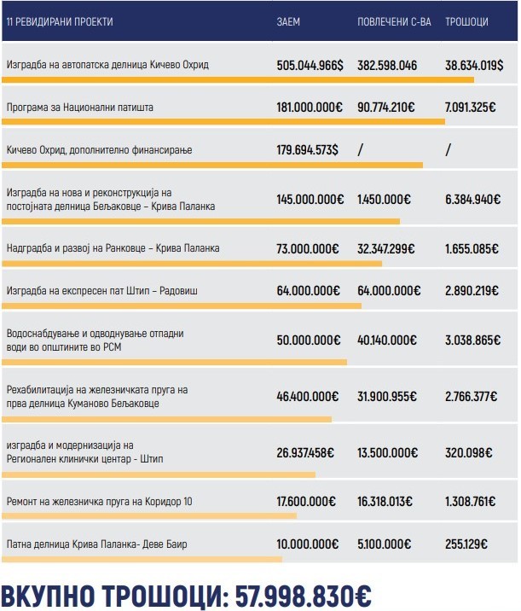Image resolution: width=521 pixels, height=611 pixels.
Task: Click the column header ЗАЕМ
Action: coord(289,20)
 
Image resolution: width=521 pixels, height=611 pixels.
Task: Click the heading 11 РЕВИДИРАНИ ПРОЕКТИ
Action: coord(59,20)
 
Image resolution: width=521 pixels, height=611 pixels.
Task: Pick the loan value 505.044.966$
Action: coord(310,65)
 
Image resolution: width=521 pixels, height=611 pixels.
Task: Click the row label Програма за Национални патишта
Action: coord(79,108)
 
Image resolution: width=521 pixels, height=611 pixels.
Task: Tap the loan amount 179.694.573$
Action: coord(307,150)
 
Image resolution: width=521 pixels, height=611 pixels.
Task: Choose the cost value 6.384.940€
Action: coord(472,199)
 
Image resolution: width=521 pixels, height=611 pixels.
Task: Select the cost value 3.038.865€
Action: coord(472,340)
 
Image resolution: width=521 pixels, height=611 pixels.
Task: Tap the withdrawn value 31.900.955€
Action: coord(387,396)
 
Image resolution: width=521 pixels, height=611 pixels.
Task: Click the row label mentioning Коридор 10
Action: coord(99,501)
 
